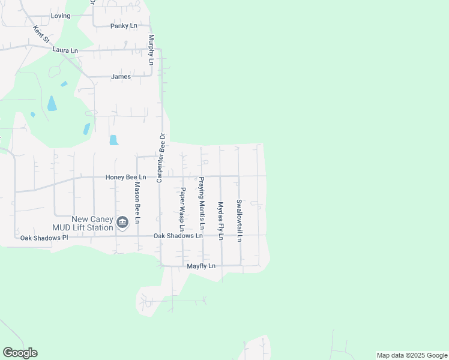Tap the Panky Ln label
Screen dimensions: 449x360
pyautogui.click(x=124, y=26)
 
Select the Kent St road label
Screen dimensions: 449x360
pyautogui.click(x=42, y=34)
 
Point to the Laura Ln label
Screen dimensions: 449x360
pyautogui.click(x=65, y=50)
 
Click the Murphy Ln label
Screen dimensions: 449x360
pyautogui.click(x=151, y=49)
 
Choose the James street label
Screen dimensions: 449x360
pyautogui.click(x=121, y=77)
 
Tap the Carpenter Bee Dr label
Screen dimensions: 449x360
pyautogui.click(x=160, y=157)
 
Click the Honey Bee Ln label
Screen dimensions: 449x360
pyautogui.click(x=126, y=177)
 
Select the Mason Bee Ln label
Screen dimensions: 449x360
pyautogui.click(x=137, y=203)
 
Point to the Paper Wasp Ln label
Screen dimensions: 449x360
pyautogui.click(x=182, y=209)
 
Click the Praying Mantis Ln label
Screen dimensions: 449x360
pyautogui.click(x=202, y=204)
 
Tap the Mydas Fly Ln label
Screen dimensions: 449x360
pyautogui.click(x=220, y=220)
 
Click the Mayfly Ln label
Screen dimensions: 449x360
pyautogui.click(x=201, y=265)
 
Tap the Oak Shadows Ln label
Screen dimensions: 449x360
pyautogui.click(x=178, y=236)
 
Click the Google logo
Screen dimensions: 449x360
pyautogui.click(x=20, y=353)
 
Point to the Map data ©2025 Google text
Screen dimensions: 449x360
pyautogui.click(x=411, y=355)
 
